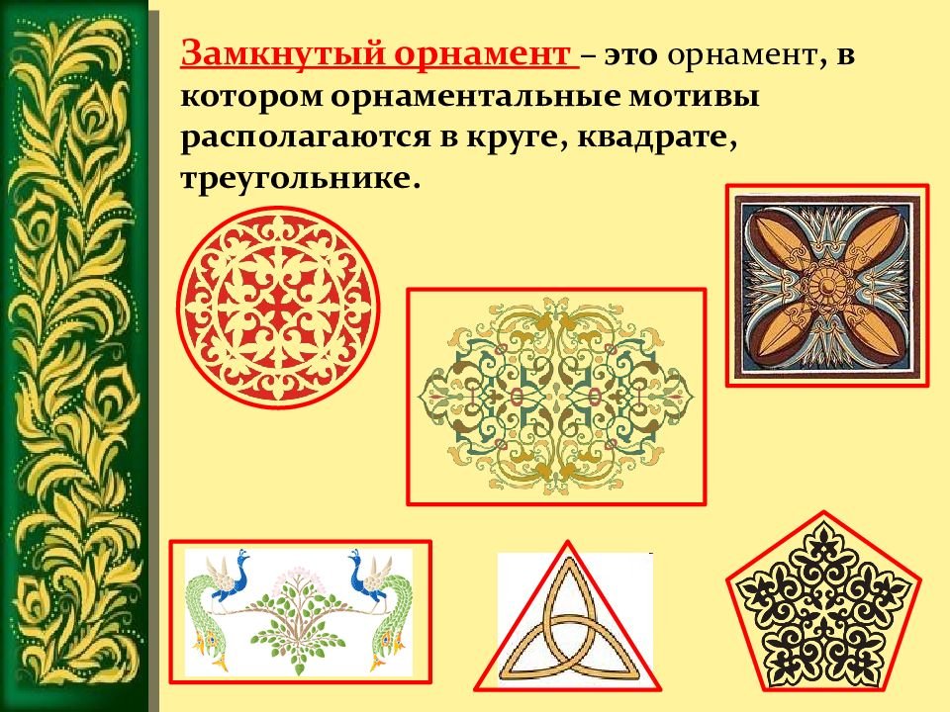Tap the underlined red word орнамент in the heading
482,55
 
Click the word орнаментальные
475,98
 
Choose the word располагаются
303,138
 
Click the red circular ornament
279,307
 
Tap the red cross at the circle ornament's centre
279,307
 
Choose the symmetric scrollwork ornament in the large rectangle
556,397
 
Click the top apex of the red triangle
568,541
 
